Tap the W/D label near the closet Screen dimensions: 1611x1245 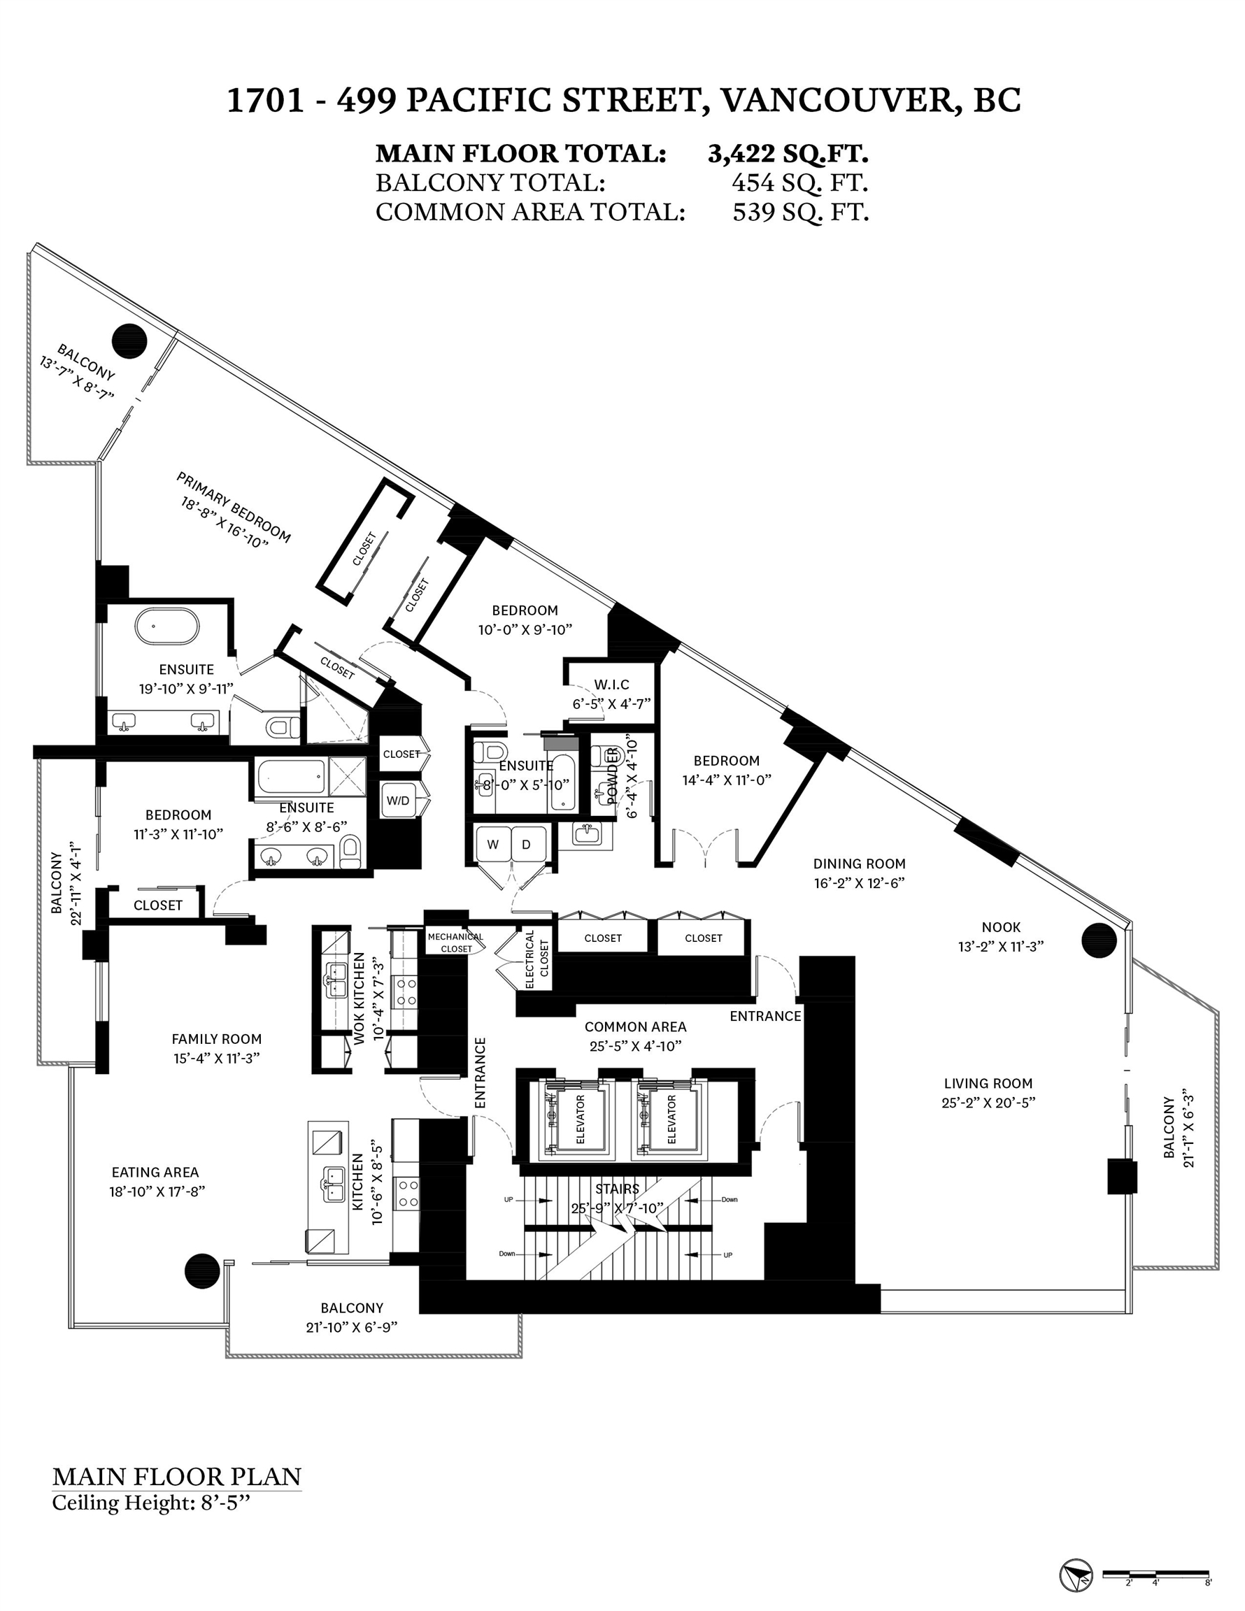[x=398, y=801]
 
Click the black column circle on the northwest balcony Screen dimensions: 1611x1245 [x=130, y=341]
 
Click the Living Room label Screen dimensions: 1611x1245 [x=988, y=1084]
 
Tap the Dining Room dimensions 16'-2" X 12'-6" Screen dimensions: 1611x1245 [x=859, y=883]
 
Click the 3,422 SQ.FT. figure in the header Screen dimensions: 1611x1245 [x=788, y=153]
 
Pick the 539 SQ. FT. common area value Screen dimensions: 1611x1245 [x=800, y=213]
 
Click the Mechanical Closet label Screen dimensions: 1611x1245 [x=455, y=942]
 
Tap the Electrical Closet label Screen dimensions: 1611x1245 [x=536, y=959]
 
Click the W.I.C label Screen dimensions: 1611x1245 [x=612, y=685]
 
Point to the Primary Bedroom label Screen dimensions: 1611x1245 [x=233, y=508]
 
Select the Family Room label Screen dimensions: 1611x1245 [x=216, y=1038]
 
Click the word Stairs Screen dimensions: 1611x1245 [x=617, y=1189]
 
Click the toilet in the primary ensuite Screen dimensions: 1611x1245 [x=279, y=728]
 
